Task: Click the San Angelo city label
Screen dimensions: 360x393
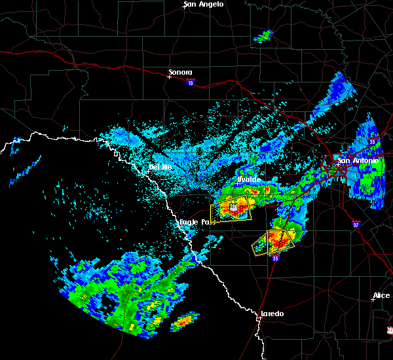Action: [x=204, y=4]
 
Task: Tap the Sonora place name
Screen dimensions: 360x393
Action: [x=181, y=72]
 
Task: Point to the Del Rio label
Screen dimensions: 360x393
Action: [x=160, y=168]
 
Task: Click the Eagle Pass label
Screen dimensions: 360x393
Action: [x=198, y=223]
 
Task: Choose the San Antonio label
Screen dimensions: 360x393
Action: [x=358, y=160]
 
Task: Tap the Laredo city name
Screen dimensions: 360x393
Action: [x=272, y=314]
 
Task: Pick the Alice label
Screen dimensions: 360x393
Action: [x=381, y=296]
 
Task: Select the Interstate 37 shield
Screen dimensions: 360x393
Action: [x=356, y=223]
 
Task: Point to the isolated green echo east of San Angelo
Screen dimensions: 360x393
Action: [x=263, y=36]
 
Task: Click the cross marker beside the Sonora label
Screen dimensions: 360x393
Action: [x=169, y=77]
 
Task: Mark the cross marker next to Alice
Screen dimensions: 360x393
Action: [x=373, y=300]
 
